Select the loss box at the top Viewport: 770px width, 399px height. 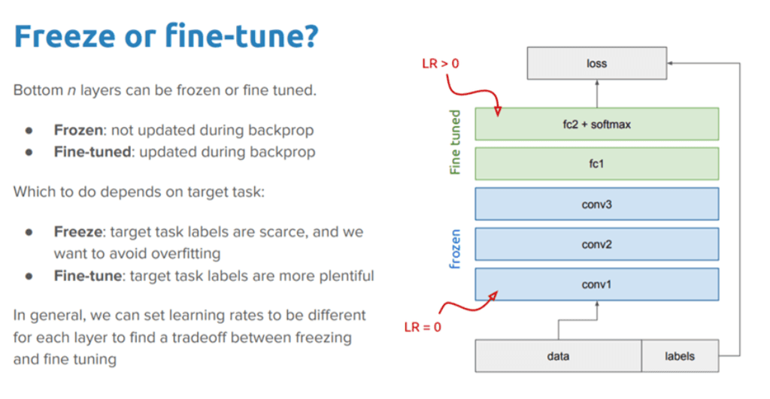click(596, 64)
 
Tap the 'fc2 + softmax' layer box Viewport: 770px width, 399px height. click(596, 124)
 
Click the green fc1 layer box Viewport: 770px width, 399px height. click(596, 164)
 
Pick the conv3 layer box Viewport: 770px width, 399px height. click(596, 204)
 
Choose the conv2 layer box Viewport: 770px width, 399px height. click(596, 244)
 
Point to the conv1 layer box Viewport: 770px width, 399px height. click(596, 284)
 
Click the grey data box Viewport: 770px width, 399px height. click(557, 356)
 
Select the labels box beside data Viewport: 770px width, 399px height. click(680, 356)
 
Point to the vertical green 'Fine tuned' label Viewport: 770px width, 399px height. click(455, 143)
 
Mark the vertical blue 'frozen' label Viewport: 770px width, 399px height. click(455, 249)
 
